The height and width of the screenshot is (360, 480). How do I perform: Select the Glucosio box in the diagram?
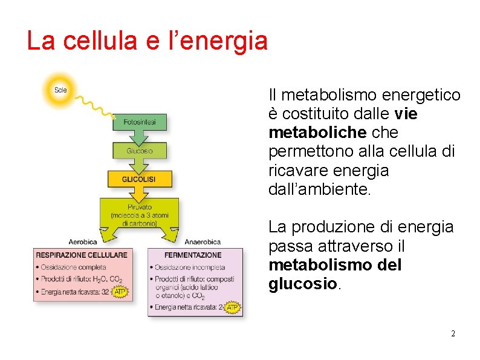tap(139, 151)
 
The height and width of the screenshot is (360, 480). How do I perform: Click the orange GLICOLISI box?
tap(139, 179)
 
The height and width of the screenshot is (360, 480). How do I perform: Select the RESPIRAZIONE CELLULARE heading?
tap(82, 255)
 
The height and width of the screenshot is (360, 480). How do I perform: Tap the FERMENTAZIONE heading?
tap(193, 255)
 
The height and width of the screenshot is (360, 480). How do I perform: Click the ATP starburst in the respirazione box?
tap(120, 292)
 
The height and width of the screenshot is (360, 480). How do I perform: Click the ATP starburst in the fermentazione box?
tap(232, 307)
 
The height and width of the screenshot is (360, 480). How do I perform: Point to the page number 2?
tap(453, 334)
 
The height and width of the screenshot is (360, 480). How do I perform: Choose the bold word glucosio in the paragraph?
tap(303, 284)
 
